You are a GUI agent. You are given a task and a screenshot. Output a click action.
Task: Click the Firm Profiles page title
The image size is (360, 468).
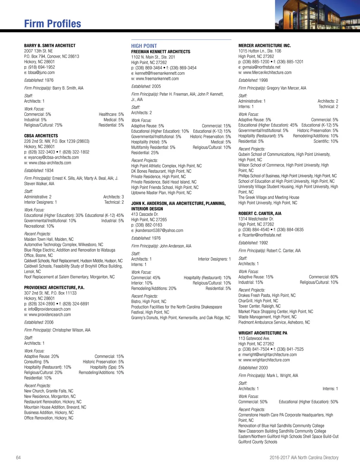pos(52,24)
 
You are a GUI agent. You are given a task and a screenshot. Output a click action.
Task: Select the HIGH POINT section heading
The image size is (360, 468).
pos(144,46)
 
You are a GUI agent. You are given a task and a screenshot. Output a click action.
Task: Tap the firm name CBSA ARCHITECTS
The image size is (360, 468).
pos(41,136)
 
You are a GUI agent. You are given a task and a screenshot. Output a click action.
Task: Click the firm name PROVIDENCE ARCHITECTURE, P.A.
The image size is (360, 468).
pos(54,287)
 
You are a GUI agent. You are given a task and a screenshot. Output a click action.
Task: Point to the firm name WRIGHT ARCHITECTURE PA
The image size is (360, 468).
pos(263,333)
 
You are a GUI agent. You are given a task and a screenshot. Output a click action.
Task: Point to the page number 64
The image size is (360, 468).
pos(18,457)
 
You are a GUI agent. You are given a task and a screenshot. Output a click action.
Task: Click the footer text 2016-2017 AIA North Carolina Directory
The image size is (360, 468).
pos(304,457)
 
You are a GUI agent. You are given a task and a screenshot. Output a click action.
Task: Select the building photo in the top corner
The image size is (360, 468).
pos(317,15)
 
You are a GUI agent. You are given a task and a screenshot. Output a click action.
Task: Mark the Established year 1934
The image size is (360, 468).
pos(49,171)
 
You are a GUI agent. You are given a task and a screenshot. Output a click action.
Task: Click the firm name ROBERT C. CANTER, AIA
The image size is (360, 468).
pos(260,214)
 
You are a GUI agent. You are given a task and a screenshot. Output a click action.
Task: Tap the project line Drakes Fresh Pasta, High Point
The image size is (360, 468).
pos(267,296)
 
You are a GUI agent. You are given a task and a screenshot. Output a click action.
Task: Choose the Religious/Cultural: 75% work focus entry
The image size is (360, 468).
pos(43,125)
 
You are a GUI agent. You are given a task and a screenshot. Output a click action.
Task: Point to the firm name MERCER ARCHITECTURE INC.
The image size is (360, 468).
pos(264,46)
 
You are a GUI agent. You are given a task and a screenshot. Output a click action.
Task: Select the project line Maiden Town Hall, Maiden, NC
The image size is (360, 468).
pos(49,239)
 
